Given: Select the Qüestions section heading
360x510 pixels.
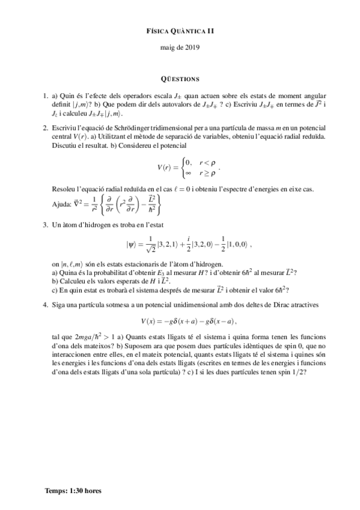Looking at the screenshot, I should tap(180, 79).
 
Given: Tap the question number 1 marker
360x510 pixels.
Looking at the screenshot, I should tap(46, 96).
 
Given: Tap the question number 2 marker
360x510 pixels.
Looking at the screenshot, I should tap(46, 127).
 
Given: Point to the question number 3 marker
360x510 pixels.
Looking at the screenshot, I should tap(46, 226).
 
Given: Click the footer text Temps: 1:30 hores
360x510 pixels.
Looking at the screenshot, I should tap(73, 491).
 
